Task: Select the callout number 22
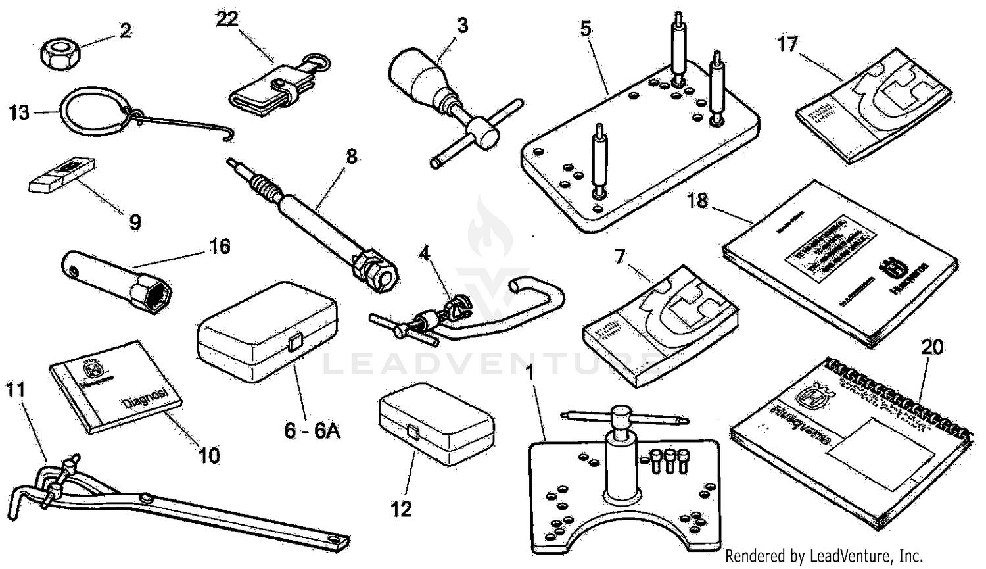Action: click(x=227, y=19)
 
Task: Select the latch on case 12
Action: click(x=414, y=432)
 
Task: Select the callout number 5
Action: click(x=586, y=28)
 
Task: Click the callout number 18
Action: click(x=697, y=200)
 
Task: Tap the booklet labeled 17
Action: click(x=874, y=105)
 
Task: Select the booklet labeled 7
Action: click(x=657, y=322)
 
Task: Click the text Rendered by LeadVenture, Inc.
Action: click(x=824, y=556)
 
